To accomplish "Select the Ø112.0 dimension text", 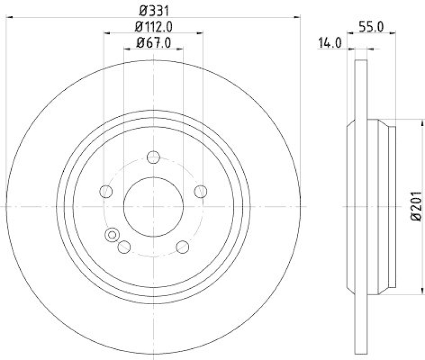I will tap(154, 26).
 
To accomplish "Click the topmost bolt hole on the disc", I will tap(154, 157).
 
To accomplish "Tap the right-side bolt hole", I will tap(200, 191).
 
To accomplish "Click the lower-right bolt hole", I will tap(182, 247).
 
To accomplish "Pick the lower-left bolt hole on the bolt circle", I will tap(125, 247).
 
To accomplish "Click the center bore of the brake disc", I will tap(154, 206).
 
